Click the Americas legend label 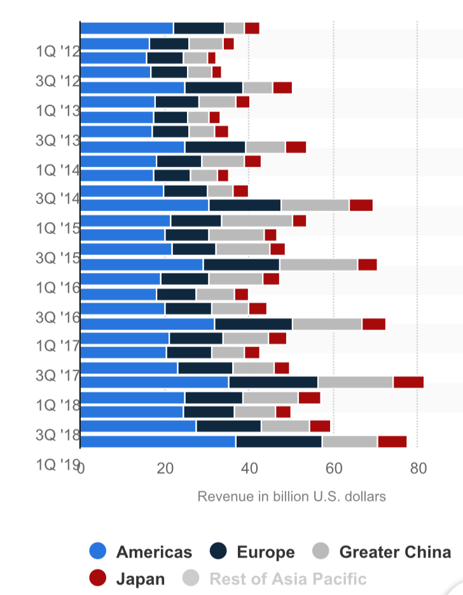pos(154,552)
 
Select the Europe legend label pos(266,552)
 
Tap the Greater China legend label pos(395,552)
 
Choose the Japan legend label pos(141,579)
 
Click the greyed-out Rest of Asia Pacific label pos(287,579)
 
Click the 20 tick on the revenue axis pos(165,470)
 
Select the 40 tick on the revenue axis pos(249,470)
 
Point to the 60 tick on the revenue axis pos(334,470)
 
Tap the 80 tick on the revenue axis pos(418,470)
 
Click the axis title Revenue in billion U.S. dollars pos(291,496)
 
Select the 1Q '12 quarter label pos(57,51)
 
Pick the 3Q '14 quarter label pos(57,198)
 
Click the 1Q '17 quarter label pos(57,345)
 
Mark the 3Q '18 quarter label pos(57,435)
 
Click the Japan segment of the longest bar pos(408,381)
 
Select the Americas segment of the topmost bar pos(127,28)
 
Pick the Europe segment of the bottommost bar pos(279,442)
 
